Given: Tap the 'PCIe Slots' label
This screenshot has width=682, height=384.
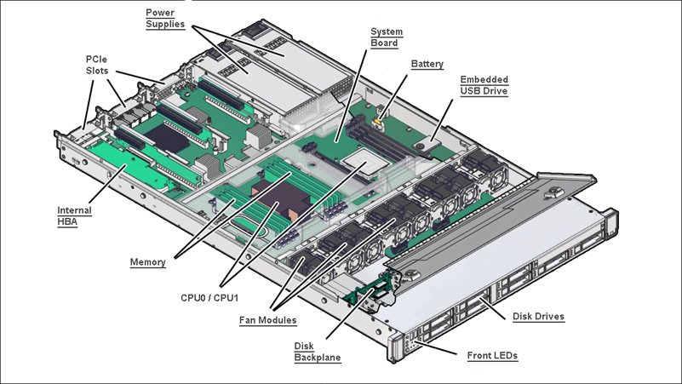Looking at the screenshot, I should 96,64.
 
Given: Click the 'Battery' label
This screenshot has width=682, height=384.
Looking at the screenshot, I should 427,64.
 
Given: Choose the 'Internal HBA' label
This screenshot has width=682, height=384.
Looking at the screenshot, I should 74,215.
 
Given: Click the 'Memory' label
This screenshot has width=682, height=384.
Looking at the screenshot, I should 147,262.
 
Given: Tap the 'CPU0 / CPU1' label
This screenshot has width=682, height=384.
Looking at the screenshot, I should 210,299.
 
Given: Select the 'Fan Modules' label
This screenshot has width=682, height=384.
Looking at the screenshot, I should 267,321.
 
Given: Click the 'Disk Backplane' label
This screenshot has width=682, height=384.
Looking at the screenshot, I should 317,352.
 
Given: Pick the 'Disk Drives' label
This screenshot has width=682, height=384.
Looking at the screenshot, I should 538,317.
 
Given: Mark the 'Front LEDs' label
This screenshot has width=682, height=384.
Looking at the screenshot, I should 492,355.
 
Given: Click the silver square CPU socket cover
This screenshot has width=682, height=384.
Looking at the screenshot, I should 361,161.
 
